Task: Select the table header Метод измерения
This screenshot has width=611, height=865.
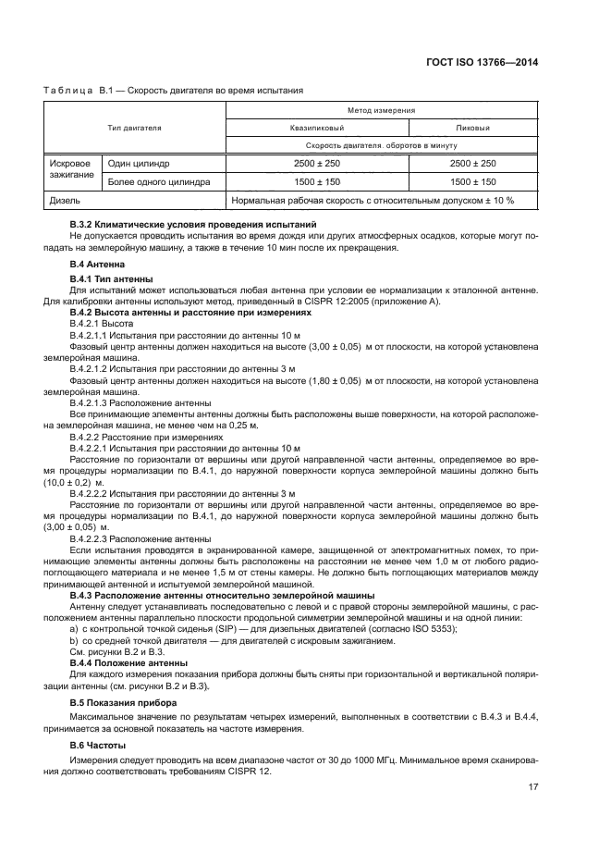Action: [x=380, y=109]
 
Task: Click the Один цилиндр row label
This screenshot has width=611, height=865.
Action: [x=139, y=164]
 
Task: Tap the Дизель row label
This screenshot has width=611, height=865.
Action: [x=64, y=200]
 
